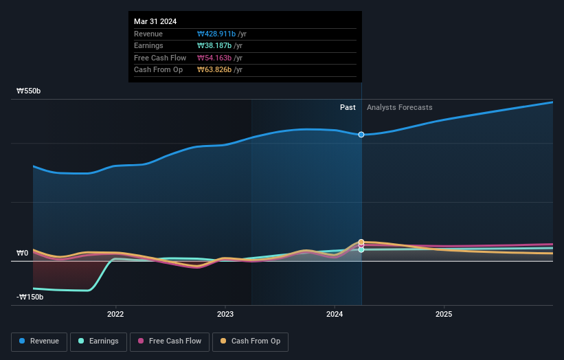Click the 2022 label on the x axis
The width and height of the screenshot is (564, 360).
pyautogui.click(x=115, y=315)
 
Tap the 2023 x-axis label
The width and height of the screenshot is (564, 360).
pyautogui.click(x=225, y=315)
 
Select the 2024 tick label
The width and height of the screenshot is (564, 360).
pyautogui.click(x=335, y=315)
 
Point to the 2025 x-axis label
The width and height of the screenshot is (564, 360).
pyautogui.click(x=444, y=315)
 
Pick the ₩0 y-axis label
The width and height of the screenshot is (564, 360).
pyautogui.click(x=22, y=253)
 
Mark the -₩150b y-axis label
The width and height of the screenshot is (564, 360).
pyautogui.click(x=30, y=297)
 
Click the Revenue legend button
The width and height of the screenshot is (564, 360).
pyautogui.click(x=40, y=341)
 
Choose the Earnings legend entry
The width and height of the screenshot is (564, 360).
pyautogui.click(x=98, y=341)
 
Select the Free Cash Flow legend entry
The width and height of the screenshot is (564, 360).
pyautogui.click(x=170, y=341)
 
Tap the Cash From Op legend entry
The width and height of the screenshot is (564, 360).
pyautogui.click(x=251, y=341)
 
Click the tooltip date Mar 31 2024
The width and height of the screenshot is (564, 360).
pyautogui.click(x=155, y=21)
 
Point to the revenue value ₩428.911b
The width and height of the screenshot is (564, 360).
pyautogui.click(x=216, y=33)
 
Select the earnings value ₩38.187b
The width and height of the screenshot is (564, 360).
pyautogui.click(x=214, y=45)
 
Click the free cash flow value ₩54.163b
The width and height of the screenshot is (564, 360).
pyautogui.click(x=214, y=58)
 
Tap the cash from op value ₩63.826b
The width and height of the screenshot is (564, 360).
pyautogui.click(x=214, y=69)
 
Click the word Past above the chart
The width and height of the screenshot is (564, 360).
pyautogui.click(x=348, y=107)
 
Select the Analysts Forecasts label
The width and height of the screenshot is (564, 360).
pyautogui.click(x=400, y=107)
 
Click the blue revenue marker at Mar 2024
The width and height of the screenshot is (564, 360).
pyautogui.click(x=361, y=135)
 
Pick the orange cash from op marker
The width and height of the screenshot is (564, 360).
pyautogui.click(x=361, y=242)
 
